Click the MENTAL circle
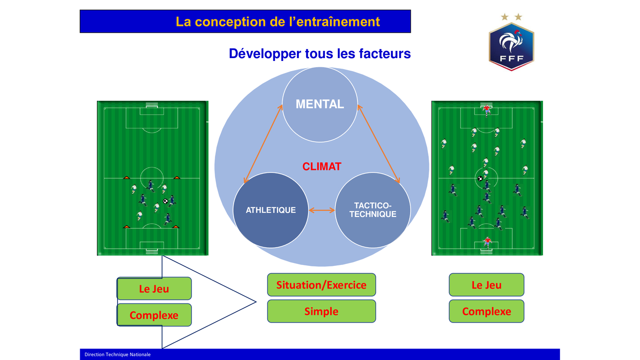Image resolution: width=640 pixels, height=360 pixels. (320, 104)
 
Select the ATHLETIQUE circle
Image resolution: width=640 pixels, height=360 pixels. (271, 210)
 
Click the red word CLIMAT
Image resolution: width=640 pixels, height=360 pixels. (321, 167)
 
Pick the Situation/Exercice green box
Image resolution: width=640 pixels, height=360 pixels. (321, 285)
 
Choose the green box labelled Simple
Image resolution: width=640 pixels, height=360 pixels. (321, 311)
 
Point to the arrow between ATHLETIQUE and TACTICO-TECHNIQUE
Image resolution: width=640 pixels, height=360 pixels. (321, 210)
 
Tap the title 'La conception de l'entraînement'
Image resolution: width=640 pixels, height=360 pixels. (278, 22)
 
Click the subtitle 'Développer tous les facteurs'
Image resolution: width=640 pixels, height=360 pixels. (320, 53)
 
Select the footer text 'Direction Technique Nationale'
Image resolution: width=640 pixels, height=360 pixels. (118, 354)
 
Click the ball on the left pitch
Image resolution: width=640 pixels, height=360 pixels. (166, 201)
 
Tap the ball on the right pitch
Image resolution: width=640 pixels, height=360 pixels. (480, 179)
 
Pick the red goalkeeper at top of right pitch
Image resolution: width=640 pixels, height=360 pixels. (486, 110)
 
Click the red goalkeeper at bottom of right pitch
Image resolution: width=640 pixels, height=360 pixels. (486, 242)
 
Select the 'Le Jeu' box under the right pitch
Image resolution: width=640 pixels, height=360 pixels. (486, 285)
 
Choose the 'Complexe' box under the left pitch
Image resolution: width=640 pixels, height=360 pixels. (154, 315)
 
